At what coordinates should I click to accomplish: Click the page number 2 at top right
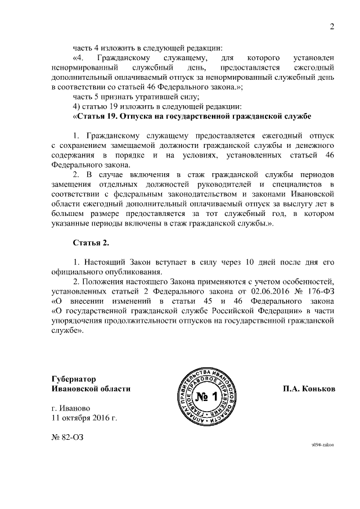tap(332, 25)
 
